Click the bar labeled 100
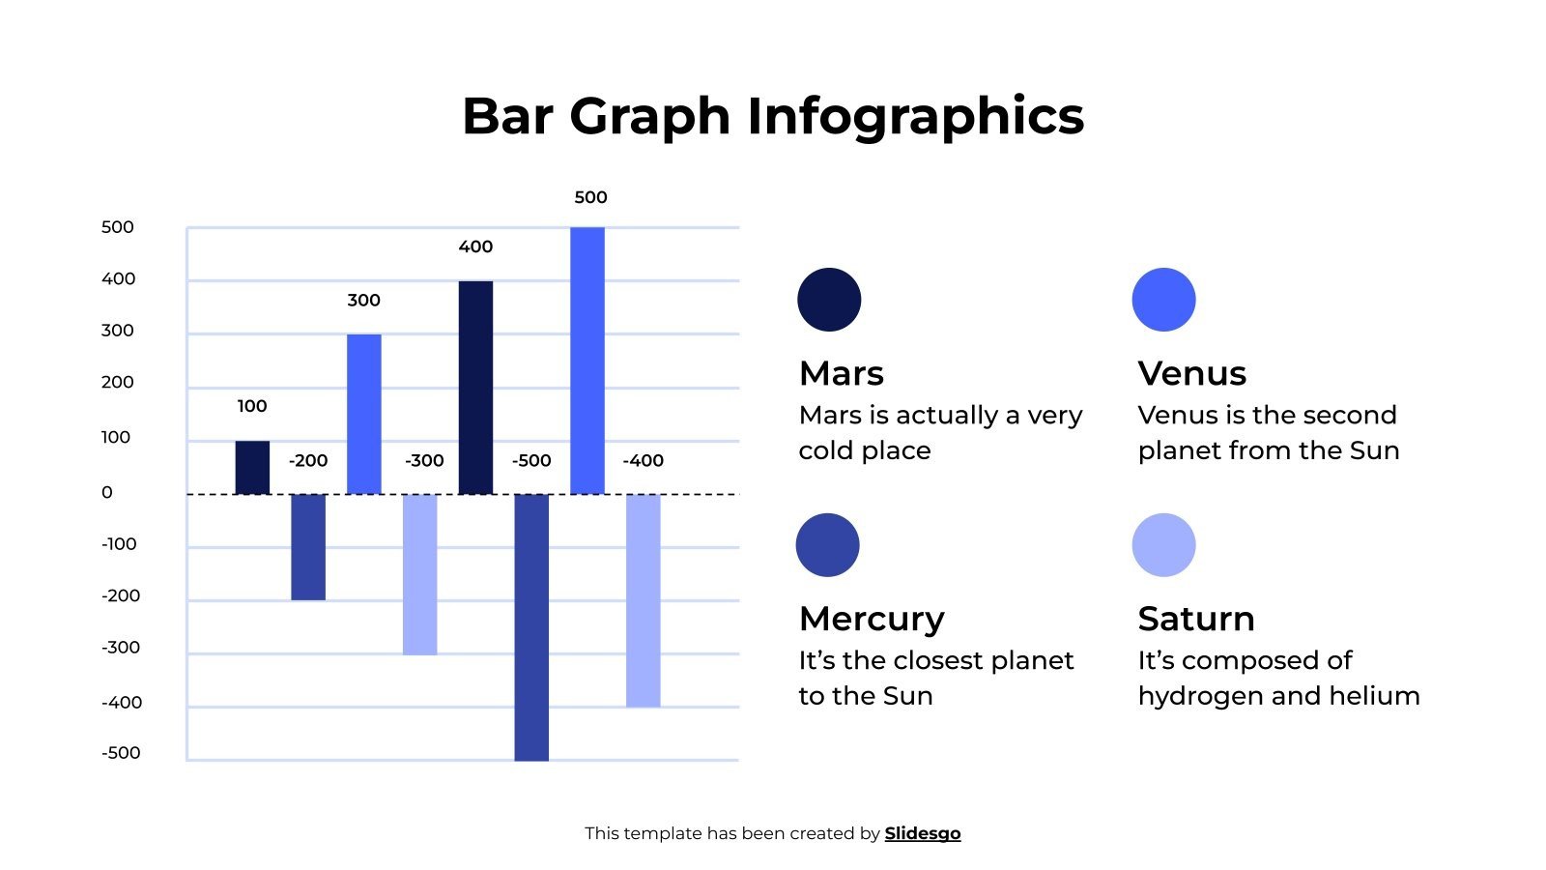click(252, 468)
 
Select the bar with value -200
click(308, 547)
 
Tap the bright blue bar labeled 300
click(364, 414)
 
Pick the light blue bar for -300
click(419, 574)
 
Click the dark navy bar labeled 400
click(475, 388)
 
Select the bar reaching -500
click(531, 627)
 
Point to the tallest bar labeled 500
click(587, 361)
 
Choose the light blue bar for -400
click(644, 600)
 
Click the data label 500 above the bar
click(590, 197)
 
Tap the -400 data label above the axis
click(643, 460)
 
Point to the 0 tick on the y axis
click(107, 492)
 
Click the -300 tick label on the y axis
click(121, 648)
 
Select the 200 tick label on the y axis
click(117, 382)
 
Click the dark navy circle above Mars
click(829, 300)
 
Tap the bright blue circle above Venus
click(1163, 300)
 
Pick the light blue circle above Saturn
click(1163, 545)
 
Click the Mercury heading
click(872, 619)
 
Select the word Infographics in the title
click(915, 116)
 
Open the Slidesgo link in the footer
click(922, 833)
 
